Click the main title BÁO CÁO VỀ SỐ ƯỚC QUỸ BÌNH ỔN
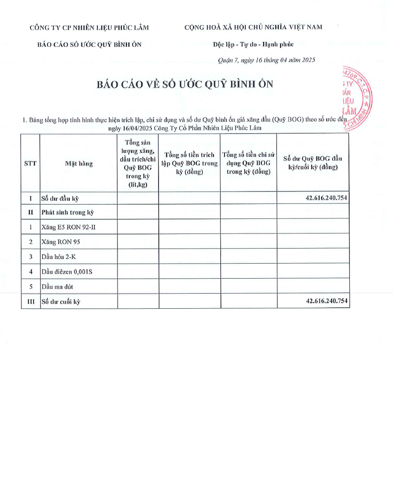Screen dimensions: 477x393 coord(185,85)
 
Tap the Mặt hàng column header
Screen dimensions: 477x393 coord(78,164)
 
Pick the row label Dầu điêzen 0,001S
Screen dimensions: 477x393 coord(67,272)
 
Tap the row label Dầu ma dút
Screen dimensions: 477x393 coord(57,287)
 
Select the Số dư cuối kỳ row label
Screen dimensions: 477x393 coord(61,301)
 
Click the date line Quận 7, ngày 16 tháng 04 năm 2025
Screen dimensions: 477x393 coord(266,60)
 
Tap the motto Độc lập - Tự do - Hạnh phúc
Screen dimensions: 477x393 coord(253,44)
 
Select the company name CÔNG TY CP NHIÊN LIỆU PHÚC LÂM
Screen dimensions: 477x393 coord(89,27)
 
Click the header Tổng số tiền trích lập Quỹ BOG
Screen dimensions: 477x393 coord(189,164)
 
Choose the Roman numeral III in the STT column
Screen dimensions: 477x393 coord(30,301)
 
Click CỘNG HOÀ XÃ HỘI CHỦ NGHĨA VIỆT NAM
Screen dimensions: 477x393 coord(253,27)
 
